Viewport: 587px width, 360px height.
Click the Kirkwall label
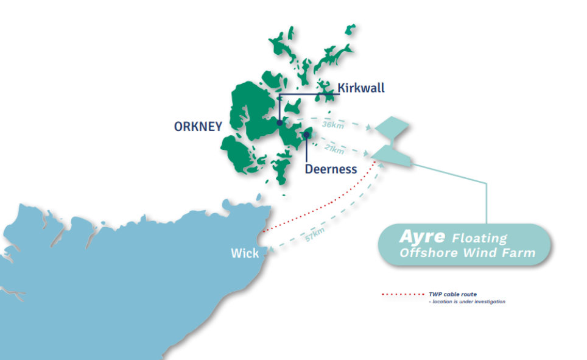coord(361,88)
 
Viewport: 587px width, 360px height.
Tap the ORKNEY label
coord(198,127)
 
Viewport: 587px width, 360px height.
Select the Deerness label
coord(331,169)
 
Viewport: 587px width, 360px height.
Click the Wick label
coord(245,253)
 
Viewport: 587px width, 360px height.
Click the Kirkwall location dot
coord(279,123)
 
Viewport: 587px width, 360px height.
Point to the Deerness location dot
coord(308,135)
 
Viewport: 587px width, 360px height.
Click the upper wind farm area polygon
coord(393,127)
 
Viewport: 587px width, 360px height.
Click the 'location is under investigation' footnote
coord(468,302)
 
